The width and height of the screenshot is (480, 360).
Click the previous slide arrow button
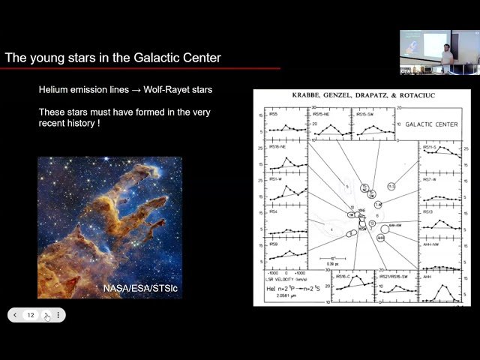[x=15, y=316]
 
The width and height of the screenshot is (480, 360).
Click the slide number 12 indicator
[x=31, y=316]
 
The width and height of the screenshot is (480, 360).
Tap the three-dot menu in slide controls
[x=58, y=316]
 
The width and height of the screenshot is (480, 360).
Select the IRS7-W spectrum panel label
[x=431, y=180]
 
